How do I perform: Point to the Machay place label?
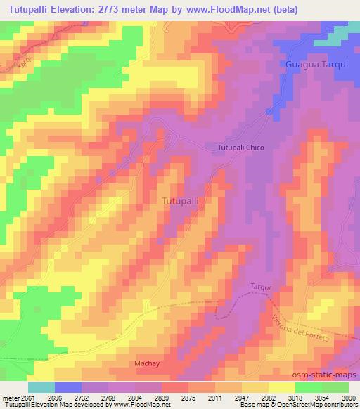coord(146,363)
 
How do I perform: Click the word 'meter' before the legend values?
coord(9,398)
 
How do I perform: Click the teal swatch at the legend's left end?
coord(41,387)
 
